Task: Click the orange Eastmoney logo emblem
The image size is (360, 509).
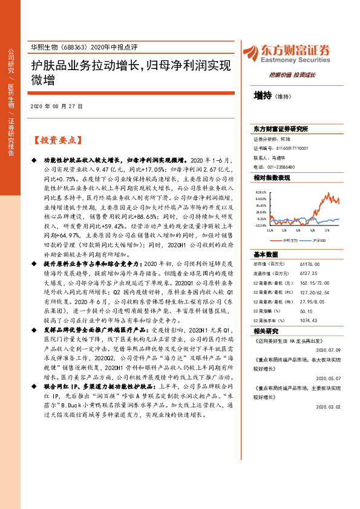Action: point(250,51)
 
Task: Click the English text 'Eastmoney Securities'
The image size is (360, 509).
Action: point(295,60)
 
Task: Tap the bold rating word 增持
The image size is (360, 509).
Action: point(263,95)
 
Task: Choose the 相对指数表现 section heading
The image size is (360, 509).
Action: point(272,178)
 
